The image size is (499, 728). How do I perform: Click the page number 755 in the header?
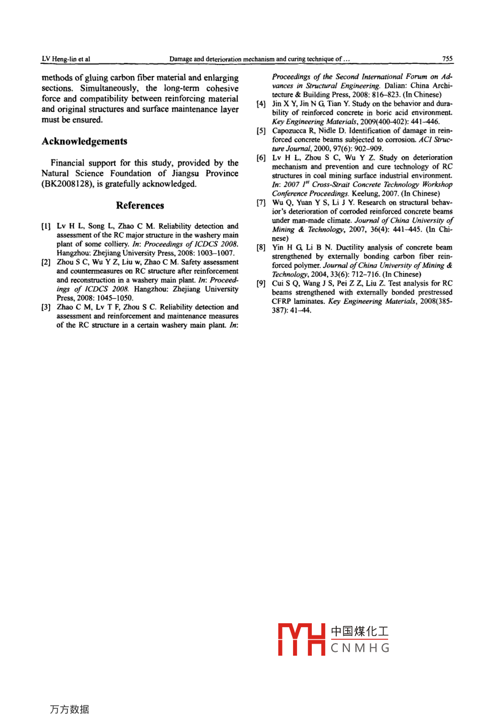pyautogui.click(x=447, y=58)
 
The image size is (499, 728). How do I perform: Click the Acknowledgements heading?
pyautogui.click(x=84, y=141)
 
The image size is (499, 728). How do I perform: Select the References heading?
pyautogui.click(x=140, y=205)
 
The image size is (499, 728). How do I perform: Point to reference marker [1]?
pyautogui.click(x=46, y=226)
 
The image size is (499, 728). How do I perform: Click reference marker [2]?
pyautogui.click(x=46, y=262)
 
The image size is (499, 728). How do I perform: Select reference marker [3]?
pyautogui.click(x=46, y=307)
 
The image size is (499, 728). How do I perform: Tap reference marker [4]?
pyautogui.click(x=262, y=104)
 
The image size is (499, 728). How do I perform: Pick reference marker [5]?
pyautogui.click(x=262, y=131)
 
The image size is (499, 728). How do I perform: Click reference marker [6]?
pyautogui.click(x=262, y=158)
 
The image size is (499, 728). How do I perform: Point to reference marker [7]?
pyautogui.click(x=262, y=202)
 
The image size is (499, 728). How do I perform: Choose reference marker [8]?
pyautogui.click(x=262, y=248)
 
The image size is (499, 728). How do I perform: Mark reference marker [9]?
pyautogui.click(x=262, y=283)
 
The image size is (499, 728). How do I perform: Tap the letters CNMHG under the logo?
pyautogui.click(x=360, y=648)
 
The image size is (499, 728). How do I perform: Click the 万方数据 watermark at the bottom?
pyautogui.click(x=69, y=709)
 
